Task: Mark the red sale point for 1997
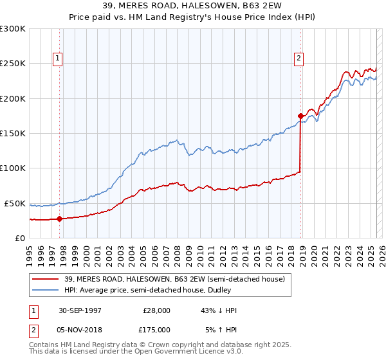[x=59, y=219]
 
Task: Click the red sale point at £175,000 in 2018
[x=300, y=116]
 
